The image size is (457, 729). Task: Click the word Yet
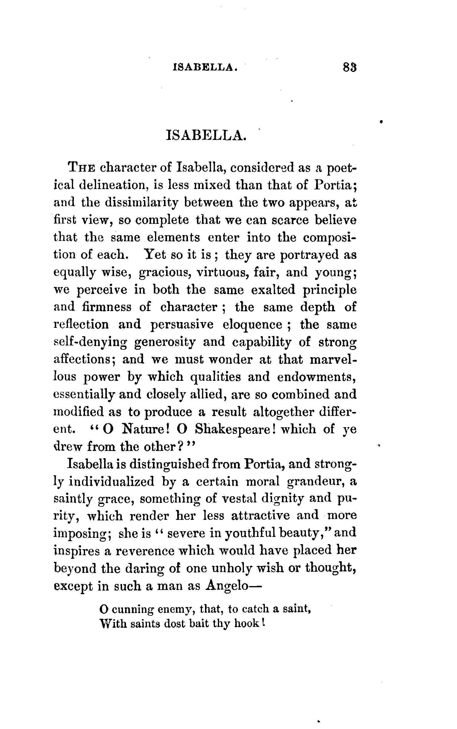pos(155,255)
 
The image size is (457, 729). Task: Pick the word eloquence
pos(252,325)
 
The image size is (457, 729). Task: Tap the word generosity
pos(165,342)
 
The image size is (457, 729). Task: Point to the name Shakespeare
pos(235,429)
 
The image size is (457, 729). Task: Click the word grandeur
pos(314,482)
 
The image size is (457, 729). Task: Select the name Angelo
pos(227,586)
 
